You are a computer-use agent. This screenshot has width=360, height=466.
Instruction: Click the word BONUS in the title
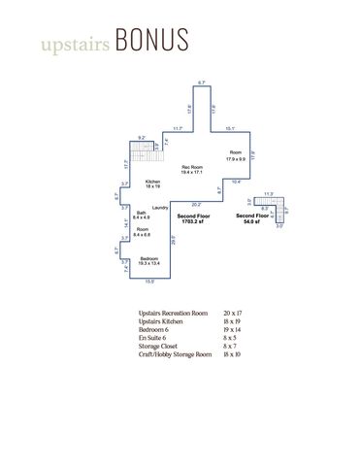150,42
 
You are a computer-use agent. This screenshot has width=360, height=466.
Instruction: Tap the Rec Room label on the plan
192,167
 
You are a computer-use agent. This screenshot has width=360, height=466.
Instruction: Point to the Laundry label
161,208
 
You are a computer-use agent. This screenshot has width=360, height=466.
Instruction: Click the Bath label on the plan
142,213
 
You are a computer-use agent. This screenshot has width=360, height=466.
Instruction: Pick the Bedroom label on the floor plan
147,257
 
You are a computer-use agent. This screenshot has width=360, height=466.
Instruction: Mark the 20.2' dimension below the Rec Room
196,204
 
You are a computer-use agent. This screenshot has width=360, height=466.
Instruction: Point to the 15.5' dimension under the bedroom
148,283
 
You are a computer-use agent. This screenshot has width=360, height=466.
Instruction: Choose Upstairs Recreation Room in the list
173,314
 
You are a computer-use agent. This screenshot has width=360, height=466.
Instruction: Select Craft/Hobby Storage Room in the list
175,353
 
